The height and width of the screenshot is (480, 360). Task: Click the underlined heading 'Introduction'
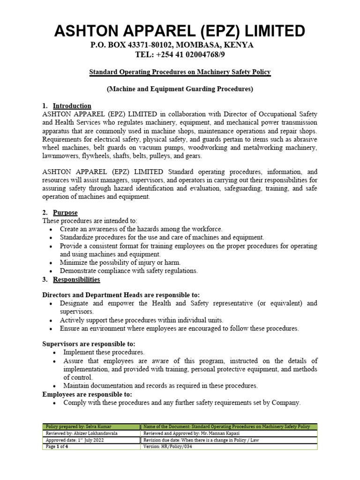72,105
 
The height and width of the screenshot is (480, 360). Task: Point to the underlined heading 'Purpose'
65,212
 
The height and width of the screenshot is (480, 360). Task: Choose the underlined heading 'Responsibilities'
76,279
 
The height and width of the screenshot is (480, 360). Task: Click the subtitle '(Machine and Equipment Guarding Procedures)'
180,89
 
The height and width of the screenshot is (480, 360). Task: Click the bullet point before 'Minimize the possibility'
51,262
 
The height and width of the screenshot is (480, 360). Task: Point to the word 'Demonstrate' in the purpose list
79,271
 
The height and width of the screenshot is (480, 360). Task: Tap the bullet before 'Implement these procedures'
55,352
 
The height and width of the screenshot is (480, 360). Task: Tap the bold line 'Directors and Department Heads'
121,294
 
